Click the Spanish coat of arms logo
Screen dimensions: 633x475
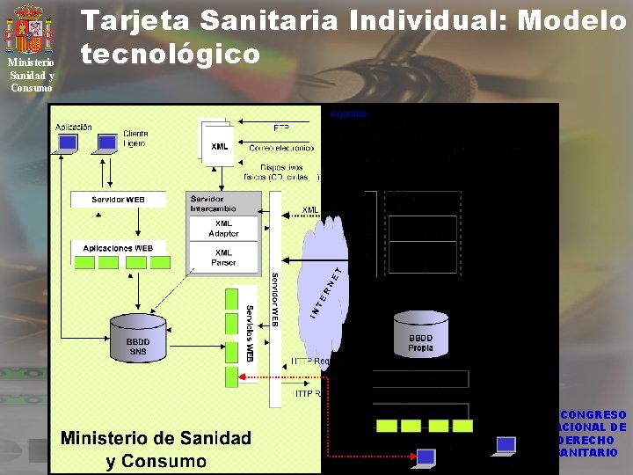(x=31, y=29)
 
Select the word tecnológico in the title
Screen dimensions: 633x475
(x=171, y=55)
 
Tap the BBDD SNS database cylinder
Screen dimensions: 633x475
(x=138, y=339)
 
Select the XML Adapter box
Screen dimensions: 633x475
(x=223, y=228)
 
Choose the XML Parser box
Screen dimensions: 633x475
(x=223, y=257)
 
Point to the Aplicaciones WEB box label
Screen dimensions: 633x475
(x=119, y=248)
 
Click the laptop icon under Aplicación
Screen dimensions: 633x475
(x=64, y=144)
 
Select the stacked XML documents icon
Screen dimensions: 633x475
(x=217, y=142)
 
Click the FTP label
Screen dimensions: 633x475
(x=281, y=128)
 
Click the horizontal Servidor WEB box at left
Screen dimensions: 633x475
(x=119, y=200)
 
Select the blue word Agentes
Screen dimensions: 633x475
(x=348, y=113)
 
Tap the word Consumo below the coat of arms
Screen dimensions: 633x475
(x=32, y=87)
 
